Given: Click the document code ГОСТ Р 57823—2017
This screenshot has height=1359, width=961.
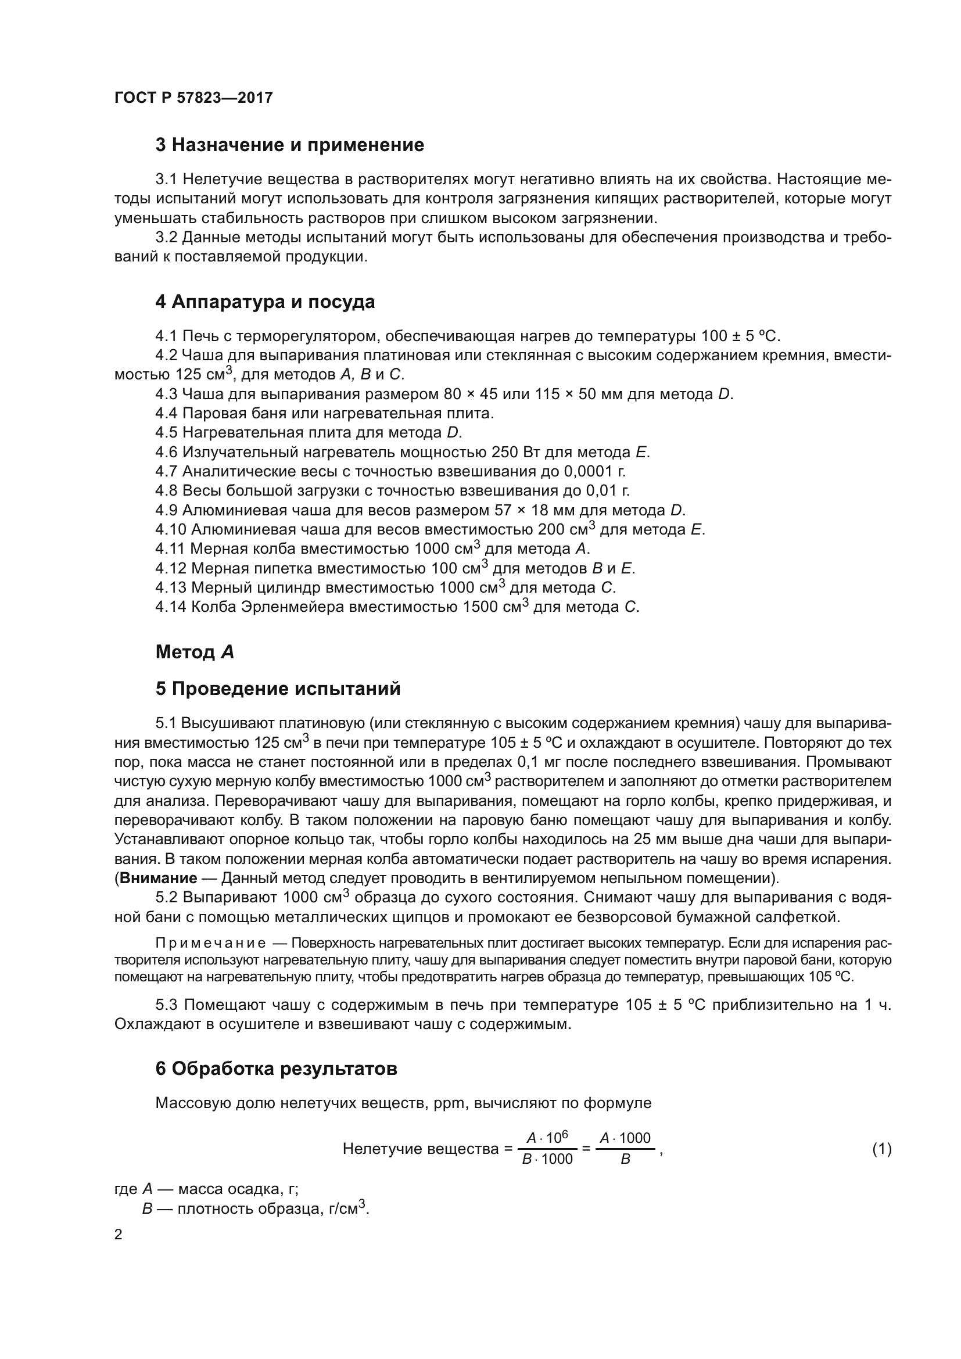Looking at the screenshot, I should [193, 98].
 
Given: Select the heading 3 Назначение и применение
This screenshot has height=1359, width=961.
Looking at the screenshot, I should [289, 145].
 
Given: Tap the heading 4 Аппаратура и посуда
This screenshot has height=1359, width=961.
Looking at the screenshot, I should [264, 302].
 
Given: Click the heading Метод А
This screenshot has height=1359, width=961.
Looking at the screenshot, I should [195, 652].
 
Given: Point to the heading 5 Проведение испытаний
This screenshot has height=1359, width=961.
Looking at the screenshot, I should [278, 689].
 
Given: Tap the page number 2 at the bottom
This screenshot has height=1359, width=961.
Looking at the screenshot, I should [119, 1235].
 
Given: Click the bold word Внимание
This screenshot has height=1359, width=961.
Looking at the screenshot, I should [158, 878].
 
